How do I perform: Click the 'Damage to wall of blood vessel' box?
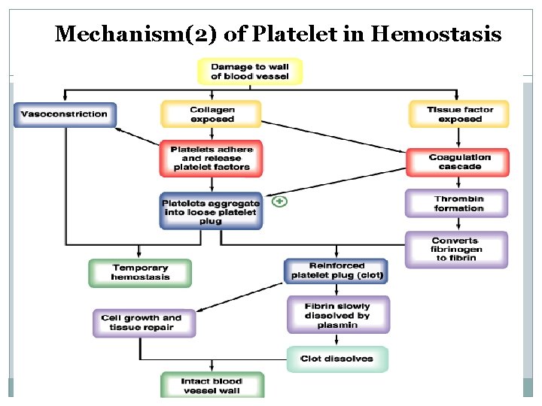click(249, 71)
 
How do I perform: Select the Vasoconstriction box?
click(65, 114)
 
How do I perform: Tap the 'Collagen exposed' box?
click(211, 114)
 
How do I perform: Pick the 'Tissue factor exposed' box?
click(459, 114)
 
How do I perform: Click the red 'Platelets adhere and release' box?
click(211, 159)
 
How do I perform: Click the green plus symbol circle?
click(279, 201)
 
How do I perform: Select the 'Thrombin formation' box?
click(458, 204)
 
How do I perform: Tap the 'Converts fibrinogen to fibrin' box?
click(456, 249)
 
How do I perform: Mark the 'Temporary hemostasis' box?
click(140, 272)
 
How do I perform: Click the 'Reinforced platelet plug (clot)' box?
click(336, 271)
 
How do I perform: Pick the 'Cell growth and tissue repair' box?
click(141, 323)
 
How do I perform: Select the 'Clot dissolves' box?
click(337, 359)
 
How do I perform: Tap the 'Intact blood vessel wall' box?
click(212, 385)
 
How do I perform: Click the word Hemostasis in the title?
click(437, 34)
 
